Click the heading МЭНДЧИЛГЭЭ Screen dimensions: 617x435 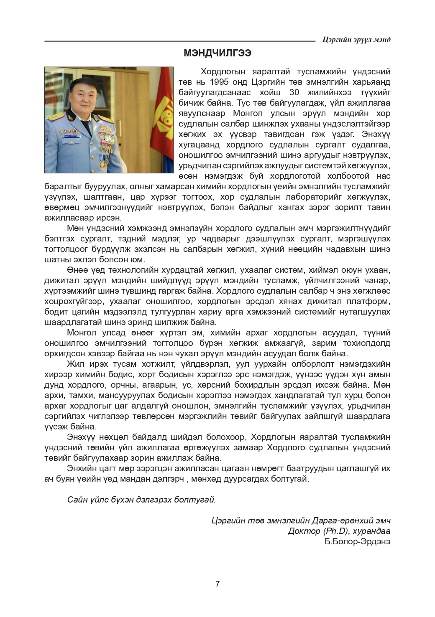pos(217,54)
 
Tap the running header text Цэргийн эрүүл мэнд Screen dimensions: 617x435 pos(357,39)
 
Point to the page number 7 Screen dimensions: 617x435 pos(217,584)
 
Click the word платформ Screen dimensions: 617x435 pos(370,301)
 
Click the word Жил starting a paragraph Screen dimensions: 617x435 pos(75,364)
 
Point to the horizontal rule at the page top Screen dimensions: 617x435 pos(180,41)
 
